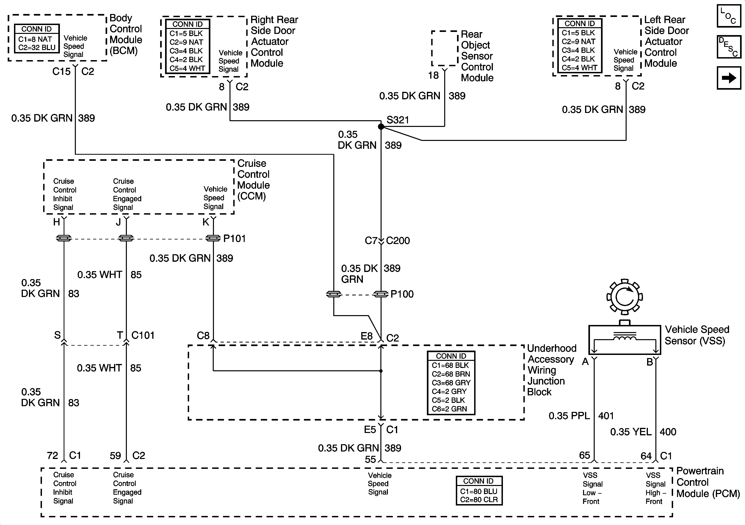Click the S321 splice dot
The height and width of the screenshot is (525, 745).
click(381, 127)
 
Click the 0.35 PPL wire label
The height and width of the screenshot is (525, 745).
click(569, 416)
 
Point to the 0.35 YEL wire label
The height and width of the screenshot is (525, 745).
click(631, 432)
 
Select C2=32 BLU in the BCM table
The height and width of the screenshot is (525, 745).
click(37, 47)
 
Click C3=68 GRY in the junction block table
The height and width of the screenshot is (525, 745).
click(451, 383)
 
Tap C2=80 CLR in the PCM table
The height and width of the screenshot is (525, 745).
click(479, 500)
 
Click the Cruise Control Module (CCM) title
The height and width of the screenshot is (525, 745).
click(253, 180)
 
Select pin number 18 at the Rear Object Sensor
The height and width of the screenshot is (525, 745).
click(433, 75)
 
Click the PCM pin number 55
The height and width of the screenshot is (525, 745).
click(370, 459)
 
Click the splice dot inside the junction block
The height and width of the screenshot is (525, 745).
click(381, 371)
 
